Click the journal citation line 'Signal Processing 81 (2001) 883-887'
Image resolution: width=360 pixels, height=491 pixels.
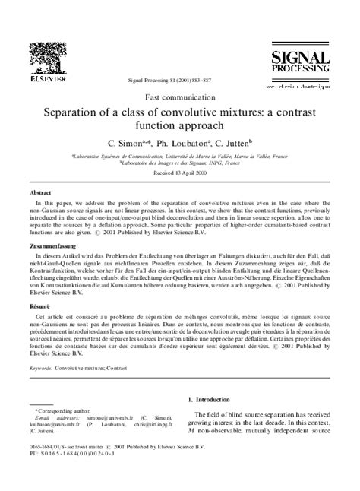(x=180, y=81)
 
